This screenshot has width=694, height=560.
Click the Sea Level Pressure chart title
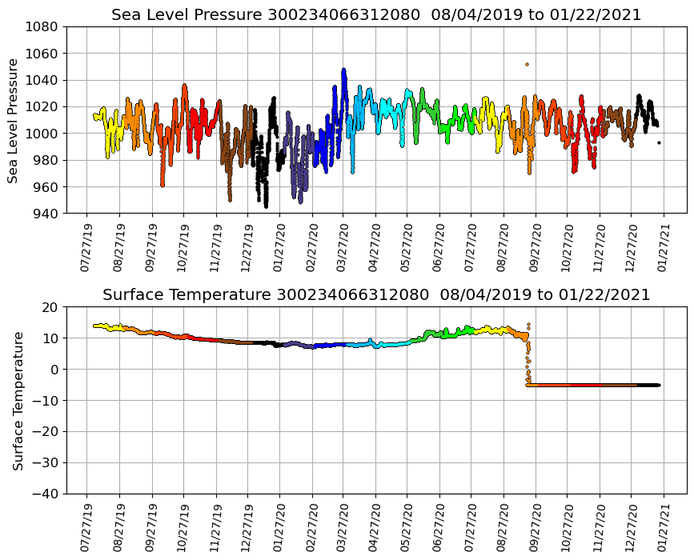376,15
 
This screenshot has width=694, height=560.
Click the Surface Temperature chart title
376,295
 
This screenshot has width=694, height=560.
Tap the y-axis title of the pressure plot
14,120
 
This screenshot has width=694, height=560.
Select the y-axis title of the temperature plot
18,400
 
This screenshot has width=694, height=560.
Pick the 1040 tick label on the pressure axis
42,80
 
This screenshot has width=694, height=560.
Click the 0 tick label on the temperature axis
54,370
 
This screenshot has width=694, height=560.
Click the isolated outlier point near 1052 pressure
527,64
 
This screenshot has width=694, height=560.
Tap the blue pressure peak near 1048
343,70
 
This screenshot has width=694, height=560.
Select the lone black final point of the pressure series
659,142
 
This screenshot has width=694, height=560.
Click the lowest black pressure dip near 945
266,206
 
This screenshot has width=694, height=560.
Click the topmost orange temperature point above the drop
528,324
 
